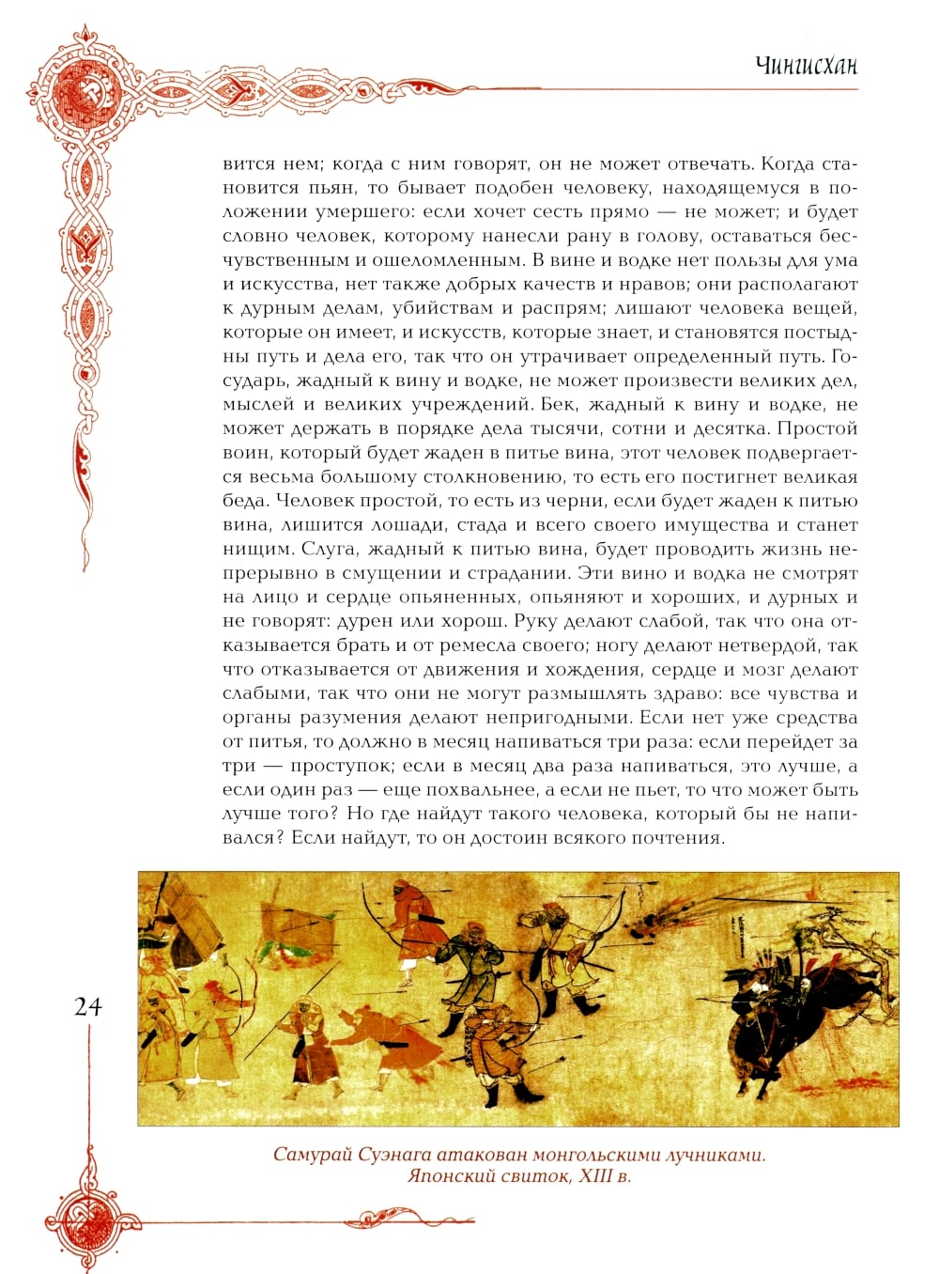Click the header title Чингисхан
click(x=807, y=66)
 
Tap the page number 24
click(x=87, y=1006)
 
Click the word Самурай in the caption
click(x=312, y=1154)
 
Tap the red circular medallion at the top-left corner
click(x=79, y=88)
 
